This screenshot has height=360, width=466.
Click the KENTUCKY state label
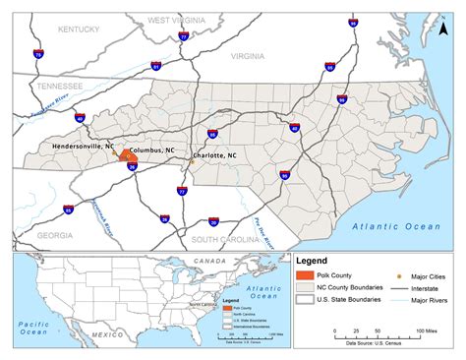point(80,30)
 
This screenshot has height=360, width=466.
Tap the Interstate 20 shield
point(213,221)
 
